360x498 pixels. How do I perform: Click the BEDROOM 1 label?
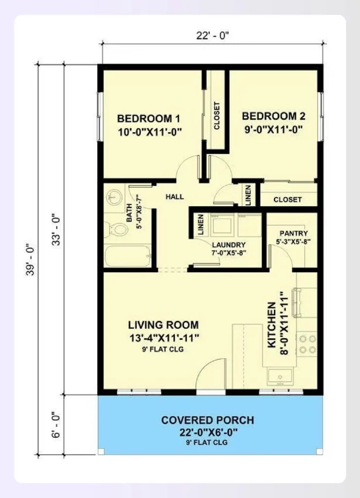point(149,119)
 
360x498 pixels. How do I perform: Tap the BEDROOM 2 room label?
point(273,116)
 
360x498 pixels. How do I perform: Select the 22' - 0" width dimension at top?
point(212,35)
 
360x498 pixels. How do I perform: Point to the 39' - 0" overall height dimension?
point(30,260)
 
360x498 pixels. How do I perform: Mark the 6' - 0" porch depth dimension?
point(56,425)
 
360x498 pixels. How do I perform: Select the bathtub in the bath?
point(127,256)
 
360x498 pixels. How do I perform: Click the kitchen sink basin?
point(280,377)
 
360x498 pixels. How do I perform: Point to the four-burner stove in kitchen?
point(307,344)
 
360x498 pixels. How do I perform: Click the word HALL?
point(175,197)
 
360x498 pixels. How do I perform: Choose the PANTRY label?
point(293,233)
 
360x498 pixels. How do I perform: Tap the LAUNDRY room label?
point(229,245)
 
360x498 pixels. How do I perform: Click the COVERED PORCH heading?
point(208,420)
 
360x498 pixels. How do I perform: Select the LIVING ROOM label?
point(163,325)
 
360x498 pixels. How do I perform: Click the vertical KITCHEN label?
point(271,324)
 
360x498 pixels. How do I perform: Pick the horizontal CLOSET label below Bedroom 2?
point(288,199)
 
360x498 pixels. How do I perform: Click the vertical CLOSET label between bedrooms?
point(216,116)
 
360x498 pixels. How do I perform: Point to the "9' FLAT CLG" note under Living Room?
point(162,349)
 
